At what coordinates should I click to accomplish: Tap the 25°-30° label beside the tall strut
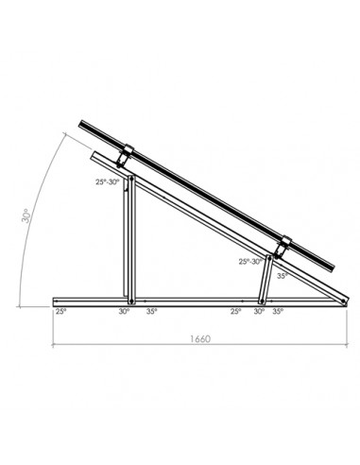pyautogui.click(x=108, y=183)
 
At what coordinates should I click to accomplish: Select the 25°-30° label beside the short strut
pyautogui.click(x=251, y=262)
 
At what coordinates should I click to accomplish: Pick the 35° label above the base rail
pyautogui.click(x=282, y=277)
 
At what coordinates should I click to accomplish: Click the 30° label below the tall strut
pyautogui.click(x=125, y=310)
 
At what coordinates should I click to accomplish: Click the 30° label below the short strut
pyautogui.click(x=260, y=310)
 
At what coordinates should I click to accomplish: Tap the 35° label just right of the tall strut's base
pyautogui.click(x=154, y=310)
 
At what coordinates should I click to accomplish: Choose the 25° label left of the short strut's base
pyautogui.click(x=235, y=310)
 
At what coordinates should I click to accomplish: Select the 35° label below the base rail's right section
pyautogui.click(x=279, y=310)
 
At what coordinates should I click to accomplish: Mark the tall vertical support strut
pyautogui.click(x=130, y=236)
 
